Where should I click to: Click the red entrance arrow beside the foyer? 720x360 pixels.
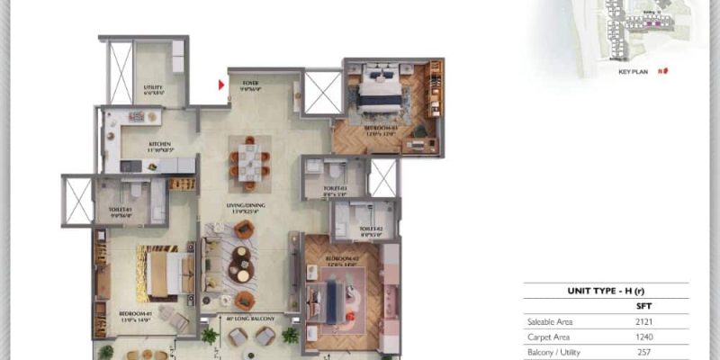click(x=221, y=86)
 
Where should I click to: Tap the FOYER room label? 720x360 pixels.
click(x=250, y=84)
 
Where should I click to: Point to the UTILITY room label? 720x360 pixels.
click(x=153, y=88)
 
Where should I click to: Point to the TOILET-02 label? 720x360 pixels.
click(x=372, y=229)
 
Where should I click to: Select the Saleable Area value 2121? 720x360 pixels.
click(x=643, y=321)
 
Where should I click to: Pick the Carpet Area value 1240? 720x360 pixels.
click(x=643, y=337)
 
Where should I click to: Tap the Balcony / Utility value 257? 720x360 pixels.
click(x=643, y=353)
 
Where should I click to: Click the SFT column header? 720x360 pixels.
click(x=643, y=305)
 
